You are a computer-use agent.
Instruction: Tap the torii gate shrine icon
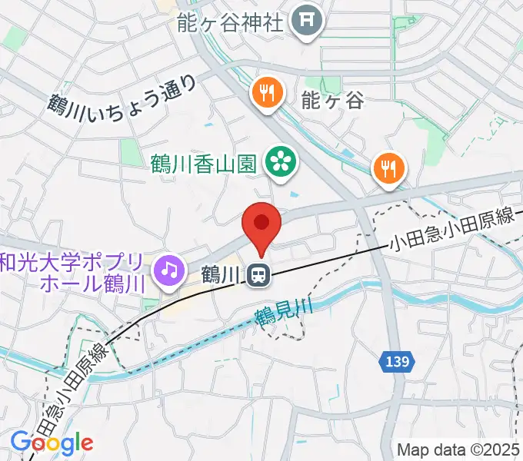click(x=307, y=22)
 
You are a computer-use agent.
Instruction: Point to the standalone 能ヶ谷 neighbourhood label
click(x=331, y=99)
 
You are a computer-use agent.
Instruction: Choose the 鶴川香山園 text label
click(x=205, y=162)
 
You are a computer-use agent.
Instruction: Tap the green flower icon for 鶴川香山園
click(x=280, y=161)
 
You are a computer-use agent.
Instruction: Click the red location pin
click(x=261, y=227)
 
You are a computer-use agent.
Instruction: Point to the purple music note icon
click(x=169, y=269)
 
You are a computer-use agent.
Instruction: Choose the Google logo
click(x=52, y=443)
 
